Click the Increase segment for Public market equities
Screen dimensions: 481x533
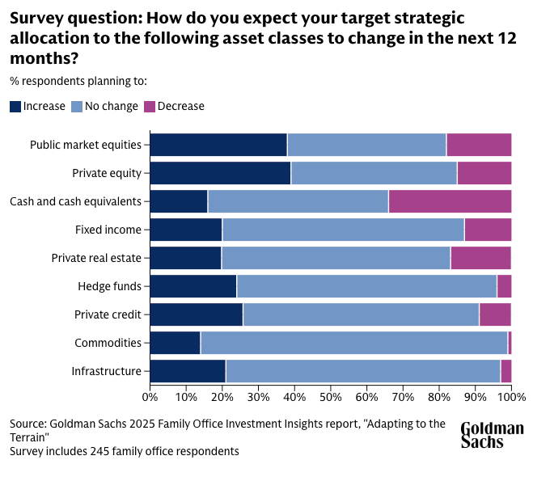pyautogui.click(x=218, y=145)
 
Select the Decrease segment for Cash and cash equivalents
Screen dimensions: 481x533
pyautogui.click(x=450, y=201)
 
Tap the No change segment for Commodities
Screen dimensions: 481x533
pyautogui.click(x=354, y=343)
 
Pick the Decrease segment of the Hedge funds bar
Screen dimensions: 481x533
pyautogui.click(x=504, y=286)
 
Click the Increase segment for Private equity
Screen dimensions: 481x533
pyautogui.click(x=220, y=173)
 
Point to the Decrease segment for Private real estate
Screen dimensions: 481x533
pyautogui.click(x=480, y=258)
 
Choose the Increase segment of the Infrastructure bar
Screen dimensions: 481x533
pyautogui.click(x=188, y=371)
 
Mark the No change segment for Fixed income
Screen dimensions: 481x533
pyautogui.click(x=343, y=230)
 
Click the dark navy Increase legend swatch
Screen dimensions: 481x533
pyautogui.click(x=15, y=106)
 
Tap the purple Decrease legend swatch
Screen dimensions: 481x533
pyautogui.click(x=149, y=106)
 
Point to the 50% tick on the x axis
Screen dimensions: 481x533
pyautogui.click(x=331, y=386)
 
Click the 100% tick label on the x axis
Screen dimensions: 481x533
pyautogui.click(x=511, y=397)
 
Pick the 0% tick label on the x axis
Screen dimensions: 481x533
pyautogui.click(x=150, y=397)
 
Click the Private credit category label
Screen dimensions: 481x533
pyautogui.click(x=108, y=314)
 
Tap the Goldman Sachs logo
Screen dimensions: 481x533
pyautogui.click(x=492, y=435)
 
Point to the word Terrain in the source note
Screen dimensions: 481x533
pyautogui.click(x=31, y=437)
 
